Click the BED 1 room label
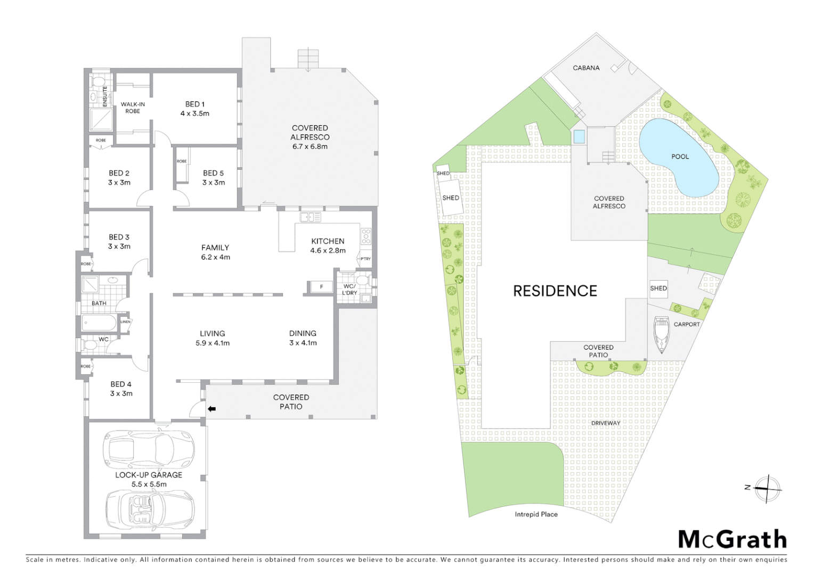tap(195, 109)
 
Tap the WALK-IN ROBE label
tap(133, 108)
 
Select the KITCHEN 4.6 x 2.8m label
tap(328, 245)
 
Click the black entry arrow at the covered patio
tap(211, 409)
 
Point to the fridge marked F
tap(321, 287)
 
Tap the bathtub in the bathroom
tap(99, 323)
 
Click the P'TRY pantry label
tap(365, 259)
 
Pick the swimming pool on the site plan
tap(677, 157)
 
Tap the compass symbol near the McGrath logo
tap(767, 488)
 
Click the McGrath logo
tap(732, 539)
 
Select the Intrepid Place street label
tap(536, 514)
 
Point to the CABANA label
tap(586, 68)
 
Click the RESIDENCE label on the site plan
tap(555, 291)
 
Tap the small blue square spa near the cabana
tap(579, 137)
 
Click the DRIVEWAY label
tap(606, 423)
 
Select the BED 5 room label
tap(214, 178)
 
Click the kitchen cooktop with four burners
tap(366, 236)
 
